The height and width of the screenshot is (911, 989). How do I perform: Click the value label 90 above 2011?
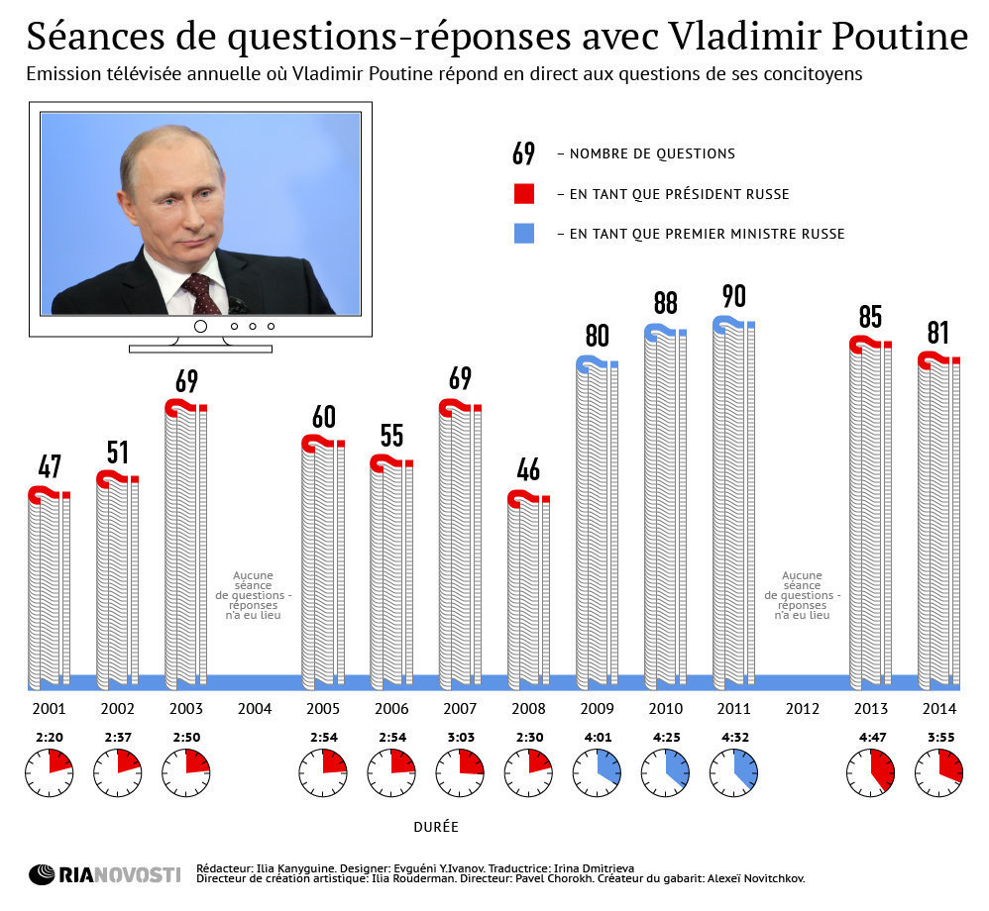pyautogui.click(x=733, y=296)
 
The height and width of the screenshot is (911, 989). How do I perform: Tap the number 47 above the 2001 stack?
pyautogui.click(x=50, y=466)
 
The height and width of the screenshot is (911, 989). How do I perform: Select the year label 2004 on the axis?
pyautogui.click(x=255, y=709)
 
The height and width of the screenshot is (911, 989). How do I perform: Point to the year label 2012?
pyautogui.click(x=803, y=709)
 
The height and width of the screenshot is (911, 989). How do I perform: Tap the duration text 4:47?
pyautogui.click(x=870, y=737)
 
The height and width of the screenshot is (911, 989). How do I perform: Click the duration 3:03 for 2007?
pyautogui.click(x=460, y=737)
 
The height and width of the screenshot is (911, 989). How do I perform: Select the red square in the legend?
pyautogui.click(x=524, y=193)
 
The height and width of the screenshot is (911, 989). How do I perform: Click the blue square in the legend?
pyautogui.click(x=524, y=234)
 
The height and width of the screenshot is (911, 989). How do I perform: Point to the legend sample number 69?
pyautogui.click(x=523, y=153)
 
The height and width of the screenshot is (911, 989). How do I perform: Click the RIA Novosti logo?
pyautogui.click(x=104, y=874)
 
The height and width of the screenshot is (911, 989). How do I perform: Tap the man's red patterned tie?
pyautogui.click(x=202, y=293)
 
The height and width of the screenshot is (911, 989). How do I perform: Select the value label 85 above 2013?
pyautogui.click(x=870, y=317)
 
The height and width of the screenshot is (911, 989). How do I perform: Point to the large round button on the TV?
pyautogui.click(x=199, y=326)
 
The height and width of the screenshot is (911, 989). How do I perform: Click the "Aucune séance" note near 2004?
pyautogui.click(x=254, y=595)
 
